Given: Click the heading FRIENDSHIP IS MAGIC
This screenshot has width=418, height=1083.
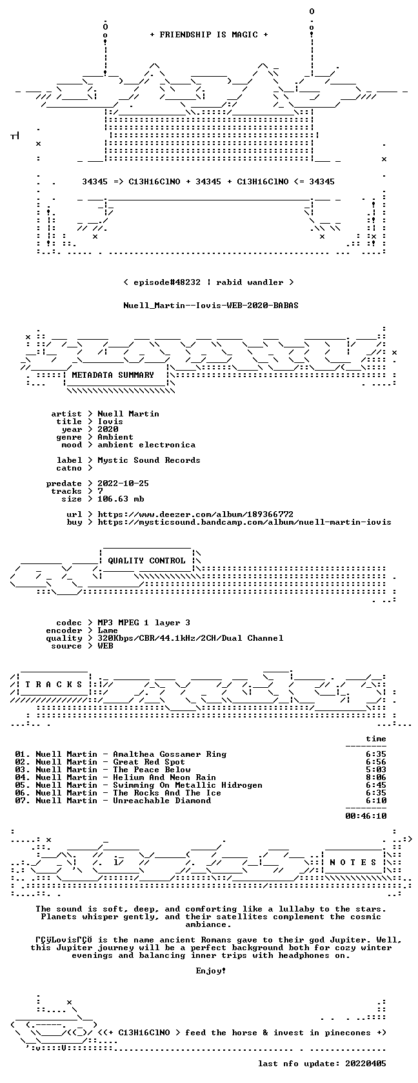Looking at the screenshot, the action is pos(208,35).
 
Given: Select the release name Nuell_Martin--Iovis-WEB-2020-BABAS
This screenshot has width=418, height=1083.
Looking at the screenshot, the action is pos(211,306).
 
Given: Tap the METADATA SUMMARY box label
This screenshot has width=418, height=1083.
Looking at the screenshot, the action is pos(113,375).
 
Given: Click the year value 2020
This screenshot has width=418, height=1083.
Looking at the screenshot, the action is pos(108,429).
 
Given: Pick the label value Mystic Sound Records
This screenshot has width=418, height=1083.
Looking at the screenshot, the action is pos(149,460).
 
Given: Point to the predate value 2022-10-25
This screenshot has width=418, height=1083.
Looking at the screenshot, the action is pos(123,483).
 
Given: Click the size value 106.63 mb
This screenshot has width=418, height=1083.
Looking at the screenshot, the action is pos(121,499).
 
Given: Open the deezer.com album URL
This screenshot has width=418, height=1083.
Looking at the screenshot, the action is pos(195,514).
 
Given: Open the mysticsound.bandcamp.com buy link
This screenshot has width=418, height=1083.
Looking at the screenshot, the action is pos(244,522).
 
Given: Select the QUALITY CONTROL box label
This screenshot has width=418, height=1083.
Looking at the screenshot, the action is pos(146,561).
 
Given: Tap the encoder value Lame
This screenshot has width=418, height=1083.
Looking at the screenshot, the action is pos(108,630).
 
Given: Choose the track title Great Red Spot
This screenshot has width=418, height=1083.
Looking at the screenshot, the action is pos(149,762).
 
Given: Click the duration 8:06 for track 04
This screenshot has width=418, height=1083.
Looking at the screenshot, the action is pos(376,777).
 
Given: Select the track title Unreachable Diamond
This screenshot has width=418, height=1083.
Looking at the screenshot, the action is pos(162,801).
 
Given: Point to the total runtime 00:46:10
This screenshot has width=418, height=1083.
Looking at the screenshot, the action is pos(366,816).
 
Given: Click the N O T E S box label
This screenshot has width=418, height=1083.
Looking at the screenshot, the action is pos(353,863).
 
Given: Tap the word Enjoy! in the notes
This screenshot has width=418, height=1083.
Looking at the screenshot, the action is pos(211,971).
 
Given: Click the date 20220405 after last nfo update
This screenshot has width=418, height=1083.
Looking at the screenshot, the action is pos(366,1064).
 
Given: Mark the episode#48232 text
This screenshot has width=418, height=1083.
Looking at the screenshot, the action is pos(167,282).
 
